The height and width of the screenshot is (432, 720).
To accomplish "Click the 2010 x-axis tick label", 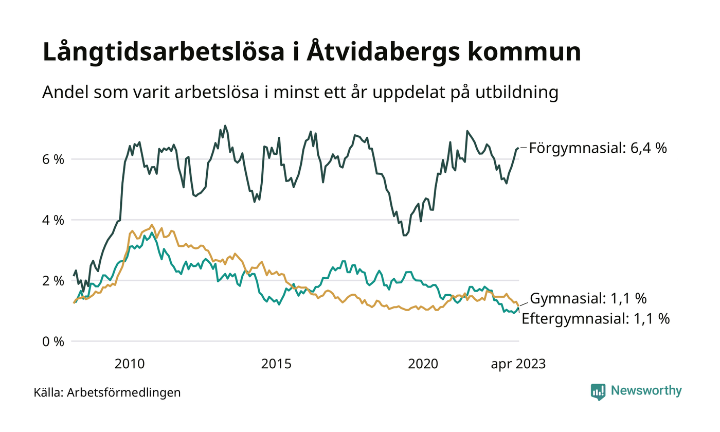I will point(129,364).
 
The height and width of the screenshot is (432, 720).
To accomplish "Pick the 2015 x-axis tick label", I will point(276,364).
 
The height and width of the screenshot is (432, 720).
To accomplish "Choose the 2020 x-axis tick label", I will point(423,364).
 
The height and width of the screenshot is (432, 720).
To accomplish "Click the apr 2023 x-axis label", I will point(517,364).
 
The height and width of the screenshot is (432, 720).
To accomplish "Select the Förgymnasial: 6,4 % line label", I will point(598,149).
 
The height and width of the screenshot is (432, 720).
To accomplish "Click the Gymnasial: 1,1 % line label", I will point(588,298).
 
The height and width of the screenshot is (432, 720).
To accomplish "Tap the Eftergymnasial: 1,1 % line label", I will point(596,319).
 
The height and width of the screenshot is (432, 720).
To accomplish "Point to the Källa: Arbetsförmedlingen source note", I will point(107,393).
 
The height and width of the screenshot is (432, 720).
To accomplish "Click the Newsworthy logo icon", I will point(598,391).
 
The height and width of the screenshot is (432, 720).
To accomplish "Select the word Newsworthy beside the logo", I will point(646,391).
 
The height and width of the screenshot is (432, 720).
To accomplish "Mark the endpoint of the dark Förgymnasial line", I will point(518,148).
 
